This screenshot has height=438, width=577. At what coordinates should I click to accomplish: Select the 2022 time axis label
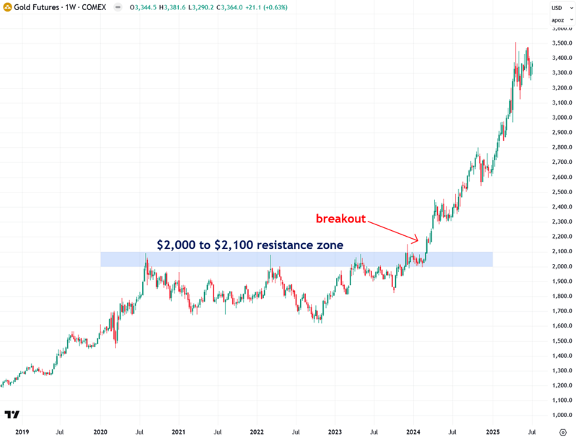point(257,431)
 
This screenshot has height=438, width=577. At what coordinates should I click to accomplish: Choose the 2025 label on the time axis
point(492,431)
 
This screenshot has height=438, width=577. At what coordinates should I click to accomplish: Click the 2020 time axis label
point(100,431)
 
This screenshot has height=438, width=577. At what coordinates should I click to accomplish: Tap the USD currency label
point(556,8)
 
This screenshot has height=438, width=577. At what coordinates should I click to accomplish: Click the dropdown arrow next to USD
point(567,8)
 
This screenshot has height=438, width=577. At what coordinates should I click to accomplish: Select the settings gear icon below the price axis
point(561,431)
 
